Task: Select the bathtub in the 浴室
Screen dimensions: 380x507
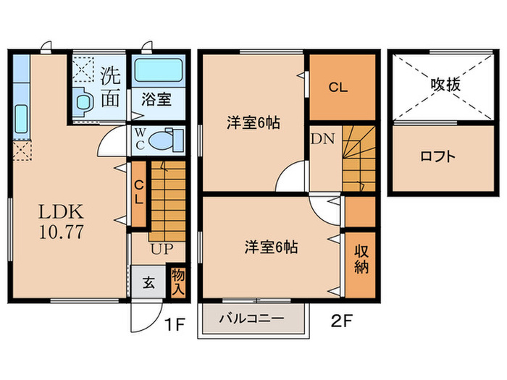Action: [159, 71]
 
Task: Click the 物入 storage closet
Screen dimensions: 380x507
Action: [177, 281]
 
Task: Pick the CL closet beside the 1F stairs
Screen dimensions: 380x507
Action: [138, 193]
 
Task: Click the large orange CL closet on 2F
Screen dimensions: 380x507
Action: [338, 88]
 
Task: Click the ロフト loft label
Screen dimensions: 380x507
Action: [437, 156]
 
